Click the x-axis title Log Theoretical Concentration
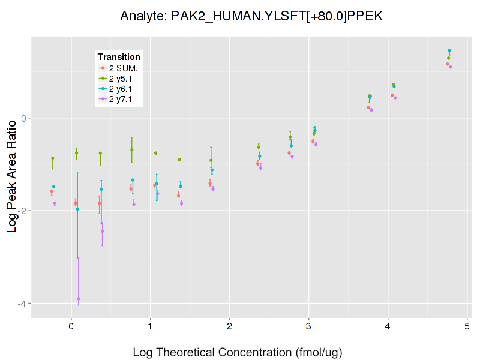pos(237,352)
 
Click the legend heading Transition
pos(119,57)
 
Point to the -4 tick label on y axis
pos(22,304)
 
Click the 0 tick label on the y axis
pos(24,118)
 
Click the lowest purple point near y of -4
pos(79,299)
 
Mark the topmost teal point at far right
pos(449,50)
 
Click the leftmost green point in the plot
pos(53,158)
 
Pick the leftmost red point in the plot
pos(52,191)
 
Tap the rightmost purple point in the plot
pos(451,67)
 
